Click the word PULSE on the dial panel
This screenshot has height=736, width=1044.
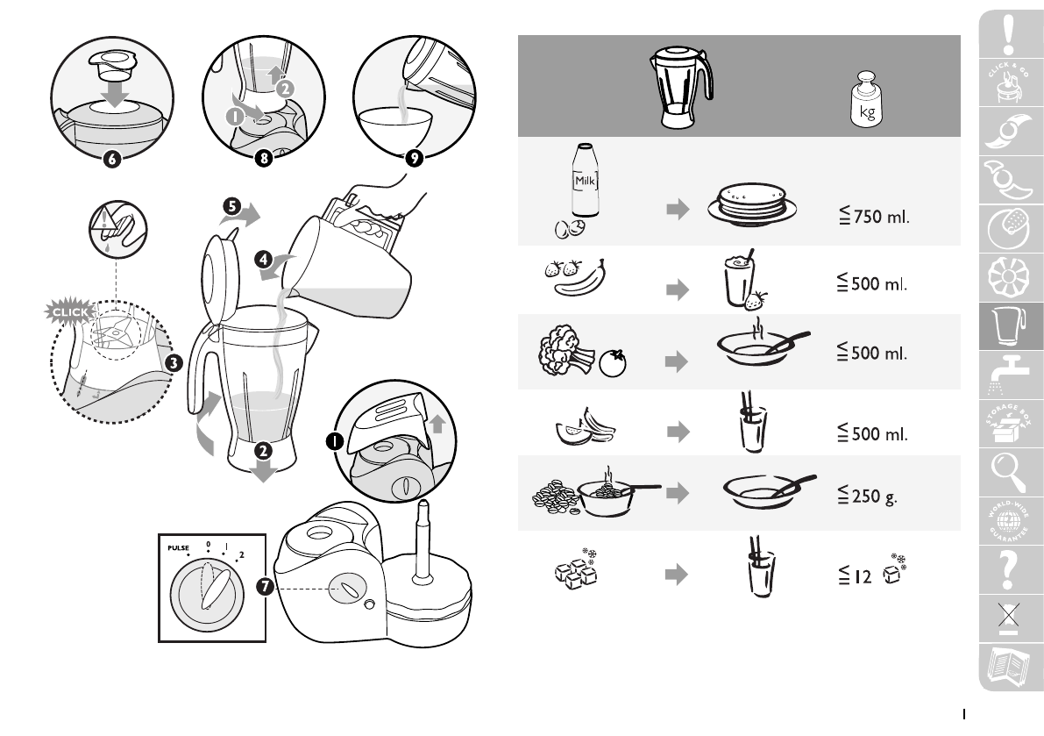(x=175, y=549)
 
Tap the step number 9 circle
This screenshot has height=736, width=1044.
(x=415, y=159)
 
